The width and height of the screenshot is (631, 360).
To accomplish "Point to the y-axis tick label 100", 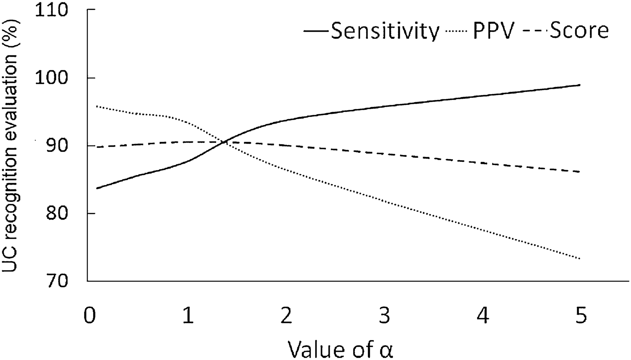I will coord(57,78).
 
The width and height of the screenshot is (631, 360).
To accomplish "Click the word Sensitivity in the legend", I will coord(385,31).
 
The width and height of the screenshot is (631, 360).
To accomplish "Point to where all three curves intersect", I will coord(225,142).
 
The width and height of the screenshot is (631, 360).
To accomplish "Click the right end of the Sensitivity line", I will coord(580,85).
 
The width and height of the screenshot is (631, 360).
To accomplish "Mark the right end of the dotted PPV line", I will coord(580,259).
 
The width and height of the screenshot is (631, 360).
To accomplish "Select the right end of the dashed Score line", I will coord(580,172).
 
